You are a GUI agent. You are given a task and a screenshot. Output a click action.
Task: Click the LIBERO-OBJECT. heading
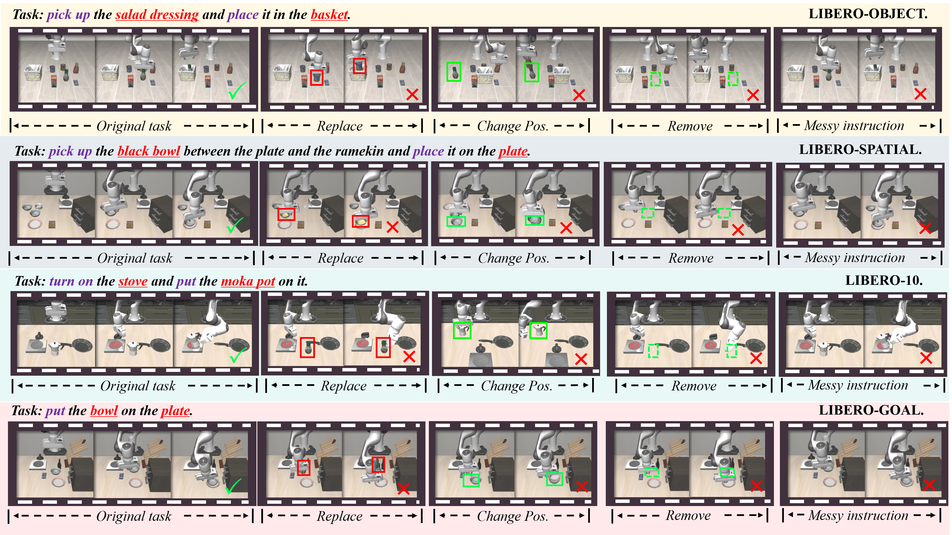coord(868,14)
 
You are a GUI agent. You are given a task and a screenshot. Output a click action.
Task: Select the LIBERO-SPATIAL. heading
coord(860,150)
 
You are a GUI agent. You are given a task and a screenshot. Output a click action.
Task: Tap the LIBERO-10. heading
coord(884,281)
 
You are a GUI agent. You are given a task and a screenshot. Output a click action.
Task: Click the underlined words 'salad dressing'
coord(157,15)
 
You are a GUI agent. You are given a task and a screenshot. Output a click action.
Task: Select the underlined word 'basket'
coord(329,15)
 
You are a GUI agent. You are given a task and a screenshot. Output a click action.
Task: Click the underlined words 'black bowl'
coord(149,151)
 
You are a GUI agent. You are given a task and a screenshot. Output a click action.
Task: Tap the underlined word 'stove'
coord(133,281)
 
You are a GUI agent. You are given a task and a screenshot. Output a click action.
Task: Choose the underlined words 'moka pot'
coord(248,281)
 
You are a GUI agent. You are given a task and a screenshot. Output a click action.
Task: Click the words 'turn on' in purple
coord(71,281)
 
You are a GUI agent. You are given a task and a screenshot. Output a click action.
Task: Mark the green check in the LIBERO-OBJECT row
coord(237,91)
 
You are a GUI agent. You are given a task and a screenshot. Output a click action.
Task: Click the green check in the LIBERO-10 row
coord(238,355)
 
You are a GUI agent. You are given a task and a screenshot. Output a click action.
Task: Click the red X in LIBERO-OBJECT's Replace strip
coord(412,94)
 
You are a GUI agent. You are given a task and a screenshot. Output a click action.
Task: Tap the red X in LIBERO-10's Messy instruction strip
coord(926,357)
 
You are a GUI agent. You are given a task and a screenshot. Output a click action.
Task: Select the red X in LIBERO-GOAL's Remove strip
coord(757,486)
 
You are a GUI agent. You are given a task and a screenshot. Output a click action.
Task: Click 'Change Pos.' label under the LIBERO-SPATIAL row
coord(513,258)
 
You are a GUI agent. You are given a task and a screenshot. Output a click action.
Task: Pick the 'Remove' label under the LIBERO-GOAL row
coord(688,515)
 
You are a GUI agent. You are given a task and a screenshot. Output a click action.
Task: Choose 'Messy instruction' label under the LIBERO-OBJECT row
coord(854,126)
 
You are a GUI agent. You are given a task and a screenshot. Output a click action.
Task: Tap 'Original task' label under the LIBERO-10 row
coord(138,386)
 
